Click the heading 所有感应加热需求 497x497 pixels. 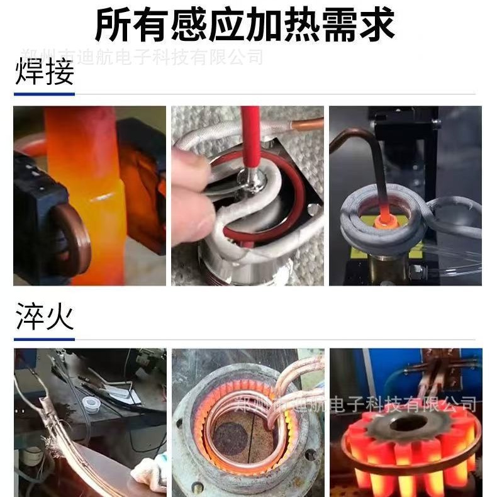245,25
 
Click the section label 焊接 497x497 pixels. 44,73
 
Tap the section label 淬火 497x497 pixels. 44,318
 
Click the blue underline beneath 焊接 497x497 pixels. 44,94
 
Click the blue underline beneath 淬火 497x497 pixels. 44,339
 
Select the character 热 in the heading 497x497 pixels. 293,25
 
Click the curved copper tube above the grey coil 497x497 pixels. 352,142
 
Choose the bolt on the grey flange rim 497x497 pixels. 309,455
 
